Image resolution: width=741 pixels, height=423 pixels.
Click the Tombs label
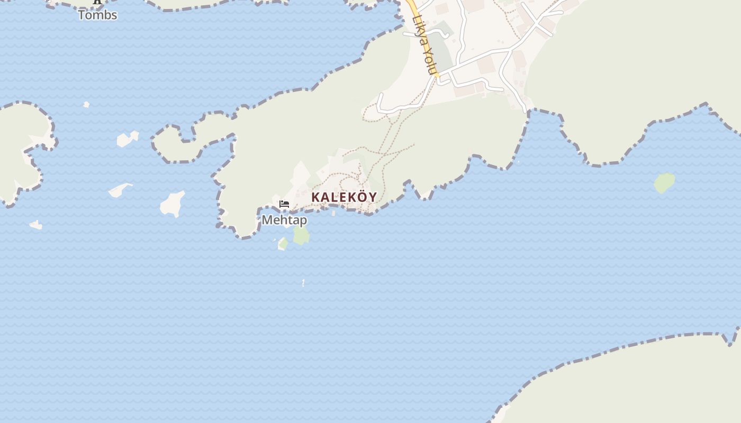97,15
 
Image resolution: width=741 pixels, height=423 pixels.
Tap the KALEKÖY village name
344,197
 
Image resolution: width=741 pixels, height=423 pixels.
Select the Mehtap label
284,219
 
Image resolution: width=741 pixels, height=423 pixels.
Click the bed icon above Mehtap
284,204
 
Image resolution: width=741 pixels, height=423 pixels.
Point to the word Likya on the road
419,32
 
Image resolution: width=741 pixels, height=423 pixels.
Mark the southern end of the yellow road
437,76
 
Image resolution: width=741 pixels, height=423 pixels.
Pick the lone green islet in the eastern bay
664,183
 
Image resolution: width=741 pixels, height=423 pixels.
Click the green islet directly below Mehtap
301,235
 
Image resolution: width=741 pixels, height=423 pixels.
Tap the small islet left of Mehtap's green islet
283,244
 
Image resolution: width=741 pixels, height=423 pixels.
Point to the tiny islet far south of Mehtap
303,283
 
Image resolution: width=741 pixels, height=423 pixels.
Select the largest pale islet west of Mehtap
172,204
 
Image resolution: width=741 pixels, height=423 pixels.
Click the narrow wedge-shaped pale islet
120,190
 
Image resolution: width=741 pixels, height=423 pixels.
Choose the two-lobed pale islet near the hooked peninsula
127,139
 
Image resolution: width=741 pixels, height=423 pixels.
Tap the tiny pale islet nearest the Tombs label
86,105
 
